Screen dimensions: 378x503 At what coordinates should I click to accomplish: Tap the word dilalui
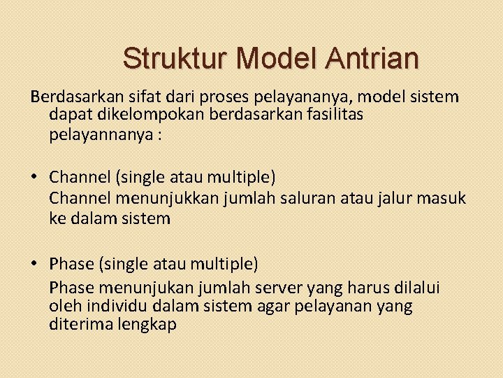click(414, 288)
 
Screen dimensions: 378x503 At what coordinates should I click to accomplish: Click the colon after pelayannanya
click(159, 135)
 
